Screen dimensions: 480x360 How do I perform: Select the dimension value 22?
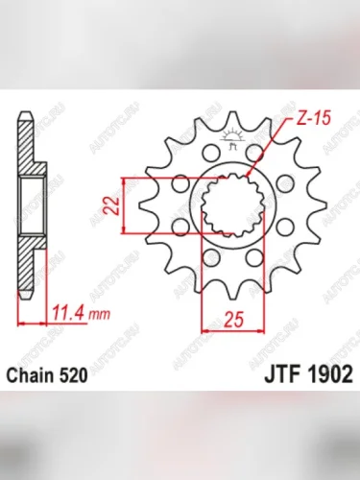pos(110,204)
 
